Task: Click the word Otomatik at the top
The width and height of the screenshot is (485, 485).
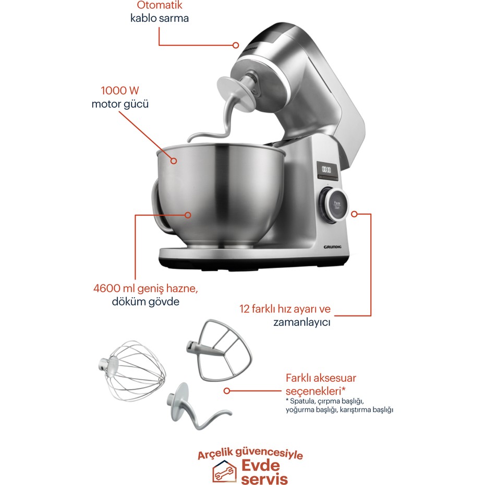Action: pyautogui.click(x=159, y=5)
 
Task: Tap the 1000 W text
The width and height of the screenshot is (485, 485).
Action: pyautogui.click(x=120, y=90)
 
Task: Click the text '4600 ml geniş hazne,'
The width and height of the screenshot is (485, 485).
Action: pyautogui.click(x=145, y=288)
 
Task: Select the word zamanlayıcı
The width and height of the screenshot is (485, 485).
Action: pyautogui.click(x=301, y=322)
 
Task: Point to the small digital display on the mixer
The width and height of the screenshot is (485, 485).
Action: pyautogui.click(x=326, y=170)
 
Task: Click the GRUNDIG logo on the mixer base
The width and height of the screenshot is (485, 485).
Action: pyautogui.click(x=333, y=247)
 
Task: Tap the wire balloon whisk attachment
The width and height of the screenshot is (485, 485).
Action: pyautogui.click(x=131, y=371)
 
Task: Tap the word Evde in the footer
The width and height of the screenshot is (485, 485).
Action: pyautogui.click(x=260, y=466)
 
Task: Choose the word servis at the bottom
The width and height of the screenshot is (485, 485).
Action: pyautogui.click(x=264, y=479)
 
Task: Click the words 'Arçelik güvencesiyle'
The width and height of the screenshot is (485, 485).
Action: pyautogui.click(x=250, y=454)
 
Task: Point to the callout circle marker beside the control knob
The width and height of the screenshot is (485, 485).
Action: pyautogui.click(x=355, y=214)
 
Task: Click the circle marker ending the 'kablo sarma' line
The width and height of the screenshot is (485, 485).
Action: pyautogui.click(x=236, y=45)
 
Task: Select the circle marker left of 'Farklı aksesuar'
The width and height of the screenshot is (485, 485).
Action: pyautogui.click(x=227, y=391)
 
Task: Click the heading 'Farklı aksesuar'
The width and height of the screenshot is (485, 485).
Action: pyautogui.click(x=321, y=378)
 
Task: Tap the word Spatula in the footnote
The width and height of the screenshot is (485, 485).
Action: pyautogui.click(x=302, y=401)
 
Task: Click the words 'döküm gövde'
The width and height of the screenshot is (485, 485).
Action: pyautogui.click(x=145, y=301)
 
